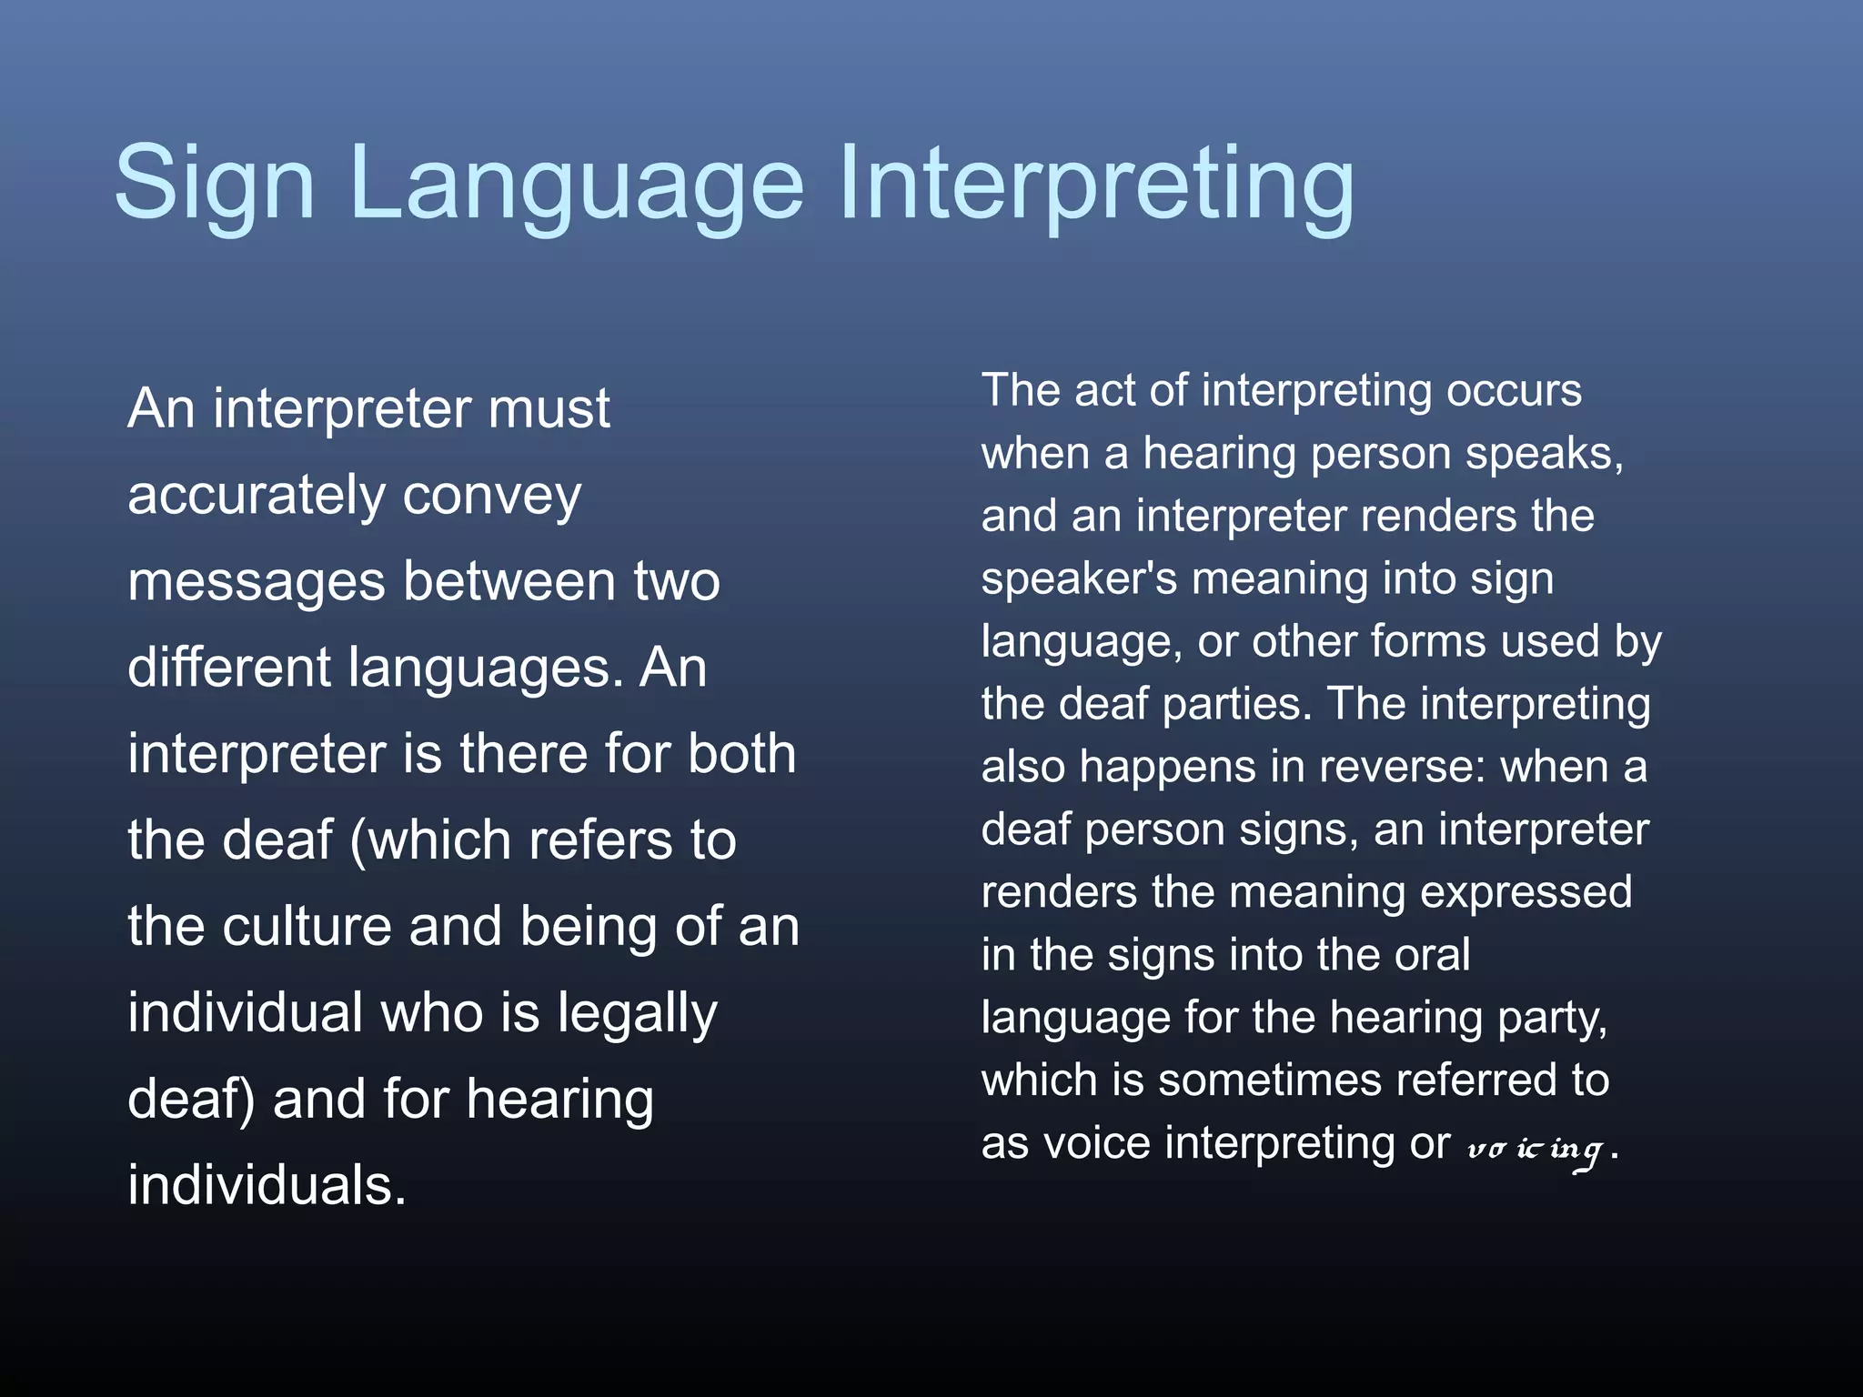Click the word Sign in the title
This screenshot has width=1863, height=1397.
(214, 185)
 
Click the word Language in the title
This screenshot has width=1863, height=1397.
(575, 185)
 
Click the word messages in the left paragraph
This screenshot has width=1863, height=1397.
(257, 582)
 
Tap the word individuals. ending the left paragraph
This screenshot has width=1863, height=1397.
(267, 1185)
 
